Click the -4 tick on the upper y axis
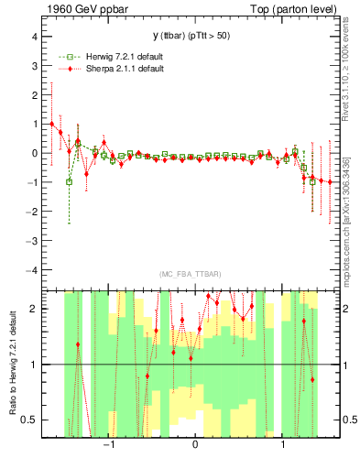click(x=31, y=270)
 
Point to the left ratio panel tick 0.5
click(x=29, y=420)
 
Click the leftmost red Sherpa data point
click(x=52, y=124)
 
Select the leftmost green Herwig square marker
click(x=70, y=181)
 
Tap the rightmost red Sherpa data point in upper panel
click(x=330, y=182)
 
